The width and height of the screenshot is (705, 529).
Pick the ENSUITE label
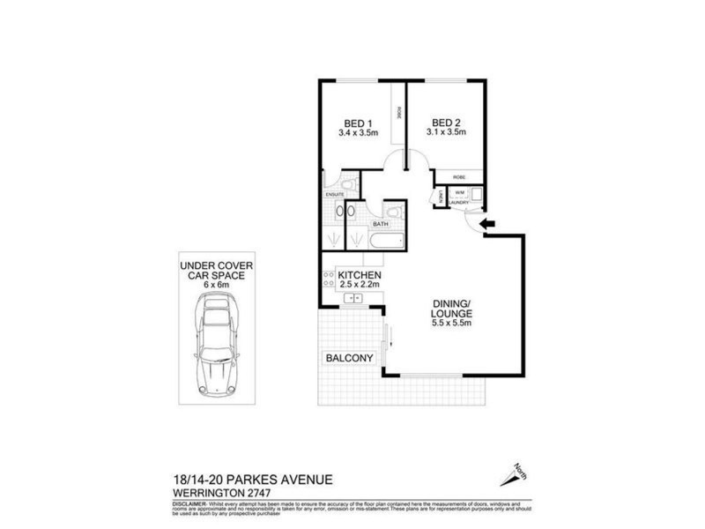[334, 193]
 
